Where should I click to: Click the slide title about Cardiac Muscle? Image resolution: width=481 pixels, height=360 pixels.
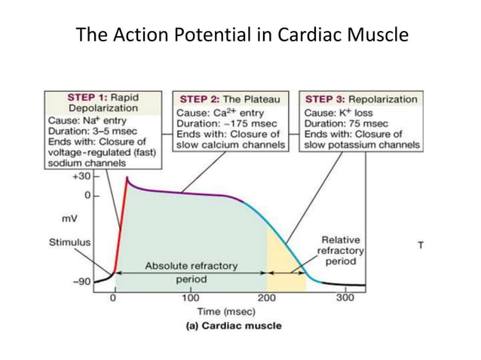pyautogui.click(x=241, y=35)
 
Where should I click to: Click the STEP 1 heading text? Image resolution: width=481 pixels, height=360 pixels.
pyautogui.click(x=103, y=102)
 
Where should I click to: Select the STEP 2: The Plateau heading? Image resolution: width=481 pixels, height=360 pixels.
pyautogui.click(x=230, y=99)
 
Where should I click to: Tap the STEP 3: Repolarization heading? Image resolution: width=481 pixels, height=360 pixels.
pyautogui.click(x=361, y=99)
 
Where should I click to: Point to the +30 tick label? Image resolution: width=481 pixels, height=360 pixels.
pyautogui.click(x=81, y=176)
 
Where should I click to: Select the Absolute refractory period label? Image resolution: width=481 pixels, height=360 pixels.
pyautogui.click(x=191, y=273)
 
